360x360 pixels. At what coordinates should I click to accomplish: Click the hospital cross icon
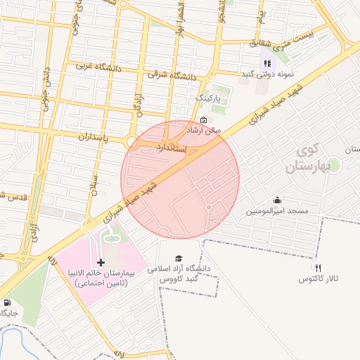pyautogui.click(x=101, y=262)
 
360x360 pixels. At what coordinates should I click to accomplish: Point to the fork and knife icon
pyautogui.click(x=319, y=268)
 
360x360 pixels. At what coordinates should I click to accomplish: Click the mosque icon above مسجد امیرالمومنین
pyautogui.click(x=277, y=200)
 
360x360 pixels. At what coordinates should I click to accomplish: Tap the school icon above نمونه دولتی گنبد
pyautogui.click(x=267, y=63)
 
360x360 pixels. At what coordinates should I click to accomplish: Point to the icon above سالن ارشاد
pyautogui.click(x=203, y=120)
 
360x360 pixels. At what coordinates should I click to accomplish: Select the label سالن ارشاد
pyautogui.click(x=202, y=131)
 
